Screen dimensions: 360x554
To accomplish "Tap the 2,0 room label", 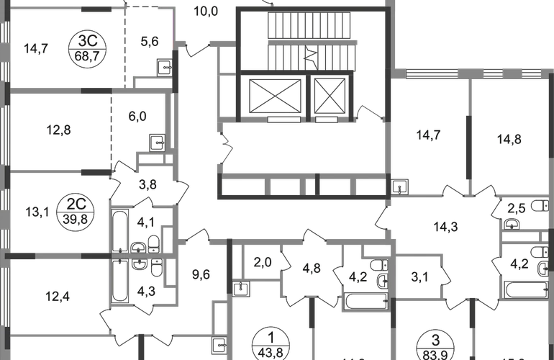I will pos(261,261).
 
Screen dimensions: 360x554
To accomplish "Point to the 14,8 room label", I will pos(508,140).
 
